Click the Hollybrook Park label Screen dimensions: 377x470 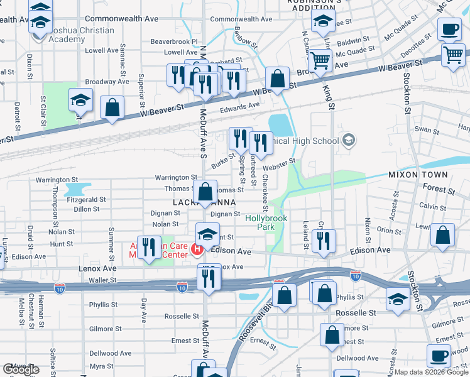point(266,223)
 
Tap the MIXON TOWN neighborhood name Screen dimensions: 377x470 point(417,175)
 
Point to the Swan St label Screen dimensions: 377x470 point(427,130)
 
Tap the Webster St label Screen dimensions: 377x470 point(278,165)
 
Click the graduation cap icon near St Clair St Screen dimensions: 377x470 point(80,102)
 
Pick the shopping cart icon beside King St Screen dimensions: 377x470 point(320,61)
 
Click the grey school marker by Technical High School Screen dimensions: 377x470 point(349,141)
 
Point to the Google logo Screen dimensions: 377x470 point(20,369)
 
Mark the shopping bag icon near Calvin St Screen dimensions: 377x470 point(443,236)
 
